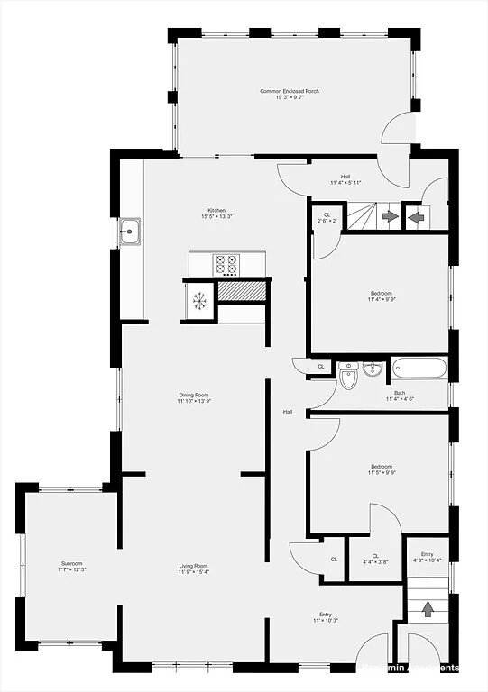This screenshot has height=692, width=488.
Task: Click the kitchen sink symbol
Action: click(130, 232)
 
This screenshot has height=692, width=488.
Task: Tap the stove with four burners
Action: click(226, 264)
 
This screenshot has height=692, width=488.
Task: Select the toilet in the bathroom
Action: click(349, 377)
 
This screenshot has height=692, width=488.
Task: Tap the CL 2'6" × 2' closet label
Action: click(327, 217)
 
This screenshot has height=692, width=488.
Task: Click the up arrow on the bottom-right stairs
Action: click(428, 609)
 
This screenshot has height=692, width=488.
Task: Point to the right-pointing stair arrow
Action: click(390, 216)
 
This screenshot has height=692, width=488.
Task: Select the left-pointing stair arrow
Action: click(416, 216)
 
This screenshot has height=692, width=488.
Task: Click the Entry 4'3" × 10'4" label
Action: click(427, 558)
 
